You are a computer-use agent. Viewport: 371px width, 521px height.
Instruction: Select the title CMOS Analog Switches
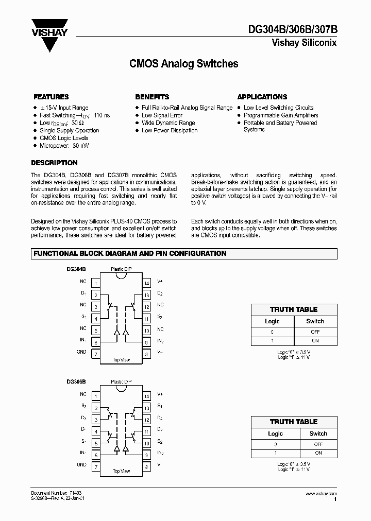pos(183,64)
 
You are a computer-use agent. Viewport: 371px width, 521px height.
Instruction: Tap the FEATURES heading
pos(51,97)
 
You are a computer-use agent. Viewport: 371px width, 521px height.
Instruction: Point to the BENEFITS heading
pos(152,97)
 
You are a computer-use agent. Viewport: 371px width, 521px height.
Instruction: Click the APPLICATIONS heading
pos(262,97)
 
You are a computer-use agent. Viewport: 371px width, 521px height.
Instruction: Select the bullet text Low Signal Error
pos(162,115)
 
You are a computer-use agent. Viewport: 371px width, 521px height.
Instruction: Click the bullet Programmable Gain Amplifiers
pos(281,115)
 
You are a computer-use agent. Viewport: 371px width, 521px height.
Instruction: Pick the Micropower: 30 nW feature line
pos(64,146)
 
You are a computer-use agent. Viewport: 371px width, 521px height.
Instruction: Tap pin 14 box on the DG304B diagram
pos(146,283)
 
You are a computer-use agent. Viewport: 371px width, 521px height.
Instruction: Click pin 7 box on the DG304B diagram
pos(96,354)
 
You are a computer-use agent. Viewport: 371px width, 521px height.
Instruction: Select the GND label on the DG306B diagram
pos(81,464)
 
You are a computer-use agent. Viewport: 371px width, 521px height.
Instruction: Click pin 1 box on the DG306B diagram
pos(96,395)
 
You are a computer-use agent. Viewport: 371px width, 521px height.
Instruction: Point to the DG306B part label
pos(76,381)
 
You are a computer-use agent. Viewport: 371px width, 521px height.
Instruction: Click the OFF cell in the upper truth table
pos(315,332)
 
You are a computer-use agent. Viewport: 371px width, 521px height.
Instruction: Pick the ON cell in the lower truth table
pos(318,453)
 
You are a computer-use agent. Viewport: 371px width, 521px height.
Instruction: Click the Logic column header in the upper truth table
pos(272,321)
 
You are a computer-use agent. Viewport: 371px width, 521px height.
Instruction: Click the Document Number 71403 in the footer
pos(56,493)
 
